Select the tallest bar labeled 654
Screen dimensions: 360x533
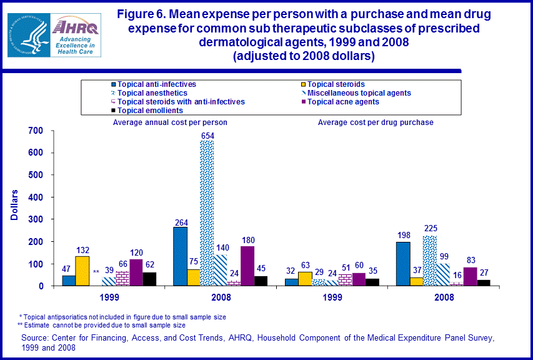pyautogui.click(x=207, y=212)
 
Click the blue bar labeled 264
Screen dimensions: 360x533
pyautogui.click(x=180, y=256)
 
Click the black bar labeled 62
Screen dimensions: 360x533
pyautogui.click(x=149, y=279)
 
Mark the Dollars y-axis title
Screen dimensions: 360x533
pyautogui.click(x=14, y=205)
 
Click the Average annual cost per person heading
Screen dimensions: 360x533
pyautogui.click(x=170, y=122)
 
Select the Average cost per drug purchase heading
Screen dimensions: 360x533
pyautogui.click(x=376, y=122)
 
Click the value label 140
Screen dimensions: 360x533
pyautogui.click(x=222, y=247)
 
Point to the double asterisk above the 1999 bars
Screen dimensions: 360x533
pyautogui.click(x=96, y=272)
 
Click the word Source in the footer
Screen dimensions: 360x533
pyautogui.click(x=35, y=338)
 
